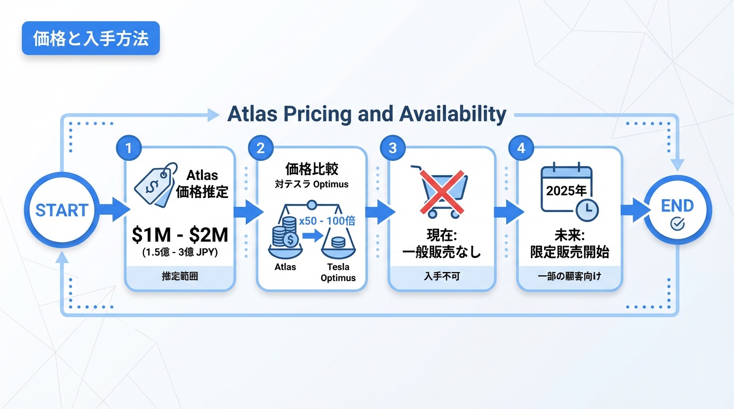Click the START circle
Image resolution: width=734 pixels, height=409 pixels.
tap(61, 210)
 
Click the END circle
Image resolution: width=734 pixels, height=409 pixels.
tap(677, 211)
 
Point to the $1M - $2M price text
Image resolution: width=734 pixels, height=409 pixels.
tap(180, 234)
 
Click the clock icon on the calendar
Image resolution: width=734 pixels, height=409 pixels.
tap(587, 210)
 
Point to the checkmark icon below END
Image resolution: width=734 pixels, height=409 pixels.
tap(677, 224)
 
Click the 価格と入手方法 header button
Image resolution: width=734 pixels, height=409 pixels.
tap(91, 38)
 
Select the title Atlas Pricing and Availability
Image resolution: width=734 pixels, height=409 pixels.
tap(366, 114)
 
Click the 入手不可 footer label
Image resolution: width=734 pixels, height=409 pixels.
tap(442, 276)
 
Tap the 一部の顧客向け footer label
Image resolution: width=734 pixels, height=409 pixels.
tap(570, 276)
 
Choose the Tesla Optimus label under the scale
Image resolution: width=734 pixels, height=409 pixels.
tap(338, 273)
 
